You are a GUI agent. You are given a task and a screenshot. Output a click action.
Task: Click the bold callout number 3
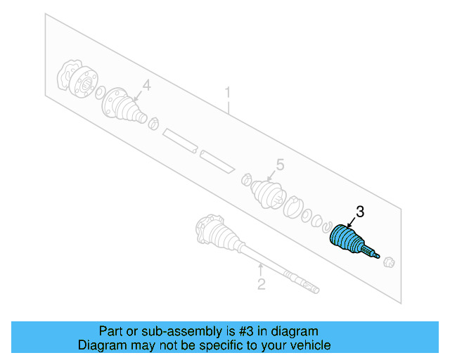pos(360,212)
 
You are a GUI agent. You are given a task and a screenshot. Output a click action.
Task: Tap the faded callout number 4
pos(147,85)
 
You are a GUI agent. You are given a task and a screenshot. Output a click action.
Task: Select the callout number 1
pos(228,92)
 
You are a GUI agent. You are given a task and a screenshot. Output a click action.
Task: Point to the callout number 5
pos(280,165)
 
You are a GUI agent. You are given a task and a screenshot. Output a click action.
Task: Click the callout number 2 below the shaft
pos(261,284)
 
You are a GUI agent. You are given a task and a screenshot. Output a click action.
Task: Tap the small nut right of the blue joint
pos(389,262)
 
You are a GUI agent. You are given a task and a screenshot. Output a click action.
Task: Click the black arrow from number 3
pos(352,223)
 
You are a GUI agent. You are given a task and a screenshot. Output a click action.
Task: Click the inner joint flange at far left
pos(77,78)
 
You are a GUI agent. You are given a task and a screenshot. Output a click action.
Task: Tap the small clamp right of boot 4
pos(153,124)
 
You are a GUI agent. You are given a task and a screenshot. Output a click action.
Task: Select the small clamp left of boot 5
pos(247,179)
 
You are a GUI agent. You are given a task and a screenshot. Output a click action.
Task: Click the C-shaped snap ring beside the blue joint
pos(326,227)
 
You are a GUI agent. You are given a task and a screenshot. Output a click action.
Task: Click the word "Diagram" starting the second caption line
pos(98,345)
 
